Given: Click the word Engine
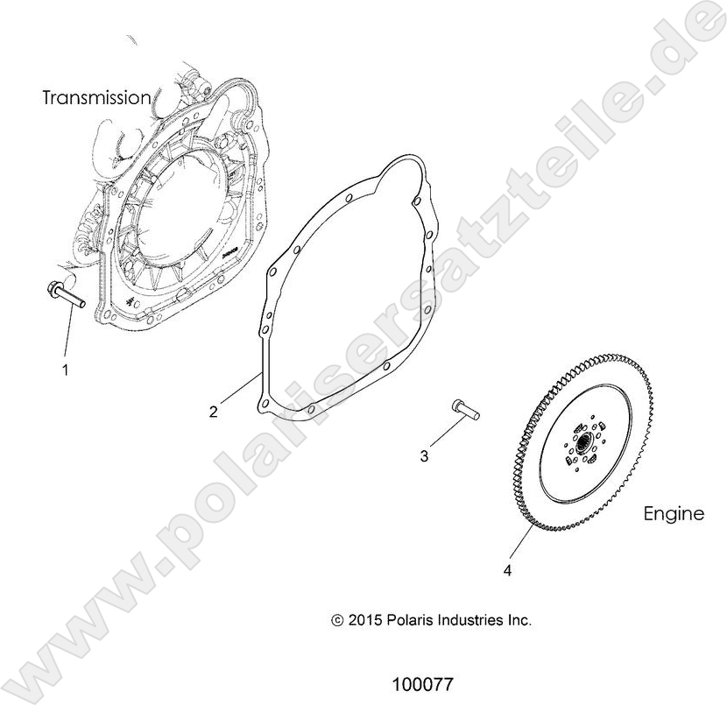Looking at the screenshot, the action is tap(674, 514).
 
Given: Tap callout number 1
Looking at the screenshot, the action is tap(64, 370).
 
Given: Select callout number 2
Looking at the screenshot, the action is tap(214, 412).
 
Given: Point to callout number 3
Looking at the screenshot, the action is tap(425, 455).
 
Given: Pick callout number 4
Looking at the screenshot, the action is tap(507, 571).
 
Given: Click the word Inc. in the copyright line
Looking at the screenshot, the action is tap(519, 620).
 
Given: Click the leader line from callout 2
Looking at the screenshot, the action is tap(238, 389).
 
